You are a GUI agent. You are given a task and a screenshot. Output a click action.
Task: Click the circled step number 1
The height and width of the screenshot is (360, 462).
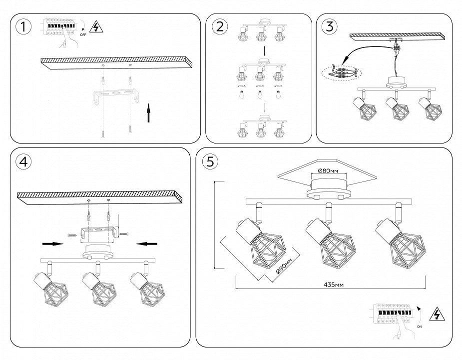point(21,27)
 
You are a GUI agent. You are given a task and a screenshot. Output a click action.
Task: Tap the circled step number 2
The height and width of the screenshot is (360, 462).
point(218,27)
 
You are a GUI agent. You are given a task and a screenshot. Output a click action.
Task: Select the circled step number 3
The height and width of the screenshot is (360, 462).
point(329,27)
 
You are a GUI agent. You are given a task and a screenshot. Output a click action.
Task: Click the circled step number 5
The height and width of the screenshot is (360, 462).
point(210,161)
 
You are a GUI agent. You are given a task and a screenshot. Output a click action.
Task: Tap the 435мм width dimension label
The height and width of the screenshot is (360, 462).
point(333,284)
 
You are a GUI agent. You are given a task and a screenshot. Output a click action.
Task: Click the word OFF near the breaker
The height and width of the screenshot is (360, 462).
point(82,36)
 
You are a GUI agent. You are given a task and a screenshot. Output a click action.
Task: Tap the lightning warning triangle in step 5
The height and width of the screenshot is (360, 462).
point(438,314)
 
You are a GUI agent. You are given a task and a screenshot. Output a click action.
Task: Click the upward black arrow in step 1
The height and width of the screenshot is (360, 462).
point(148,113)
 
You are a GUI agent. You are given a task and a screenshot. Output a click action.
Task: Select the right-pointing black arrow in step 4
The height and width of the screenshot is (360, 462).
point(52,244)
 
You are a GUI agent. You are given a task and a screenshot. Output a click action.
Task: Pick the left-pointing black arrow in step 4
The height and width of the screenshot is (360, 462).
point(147,244)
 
